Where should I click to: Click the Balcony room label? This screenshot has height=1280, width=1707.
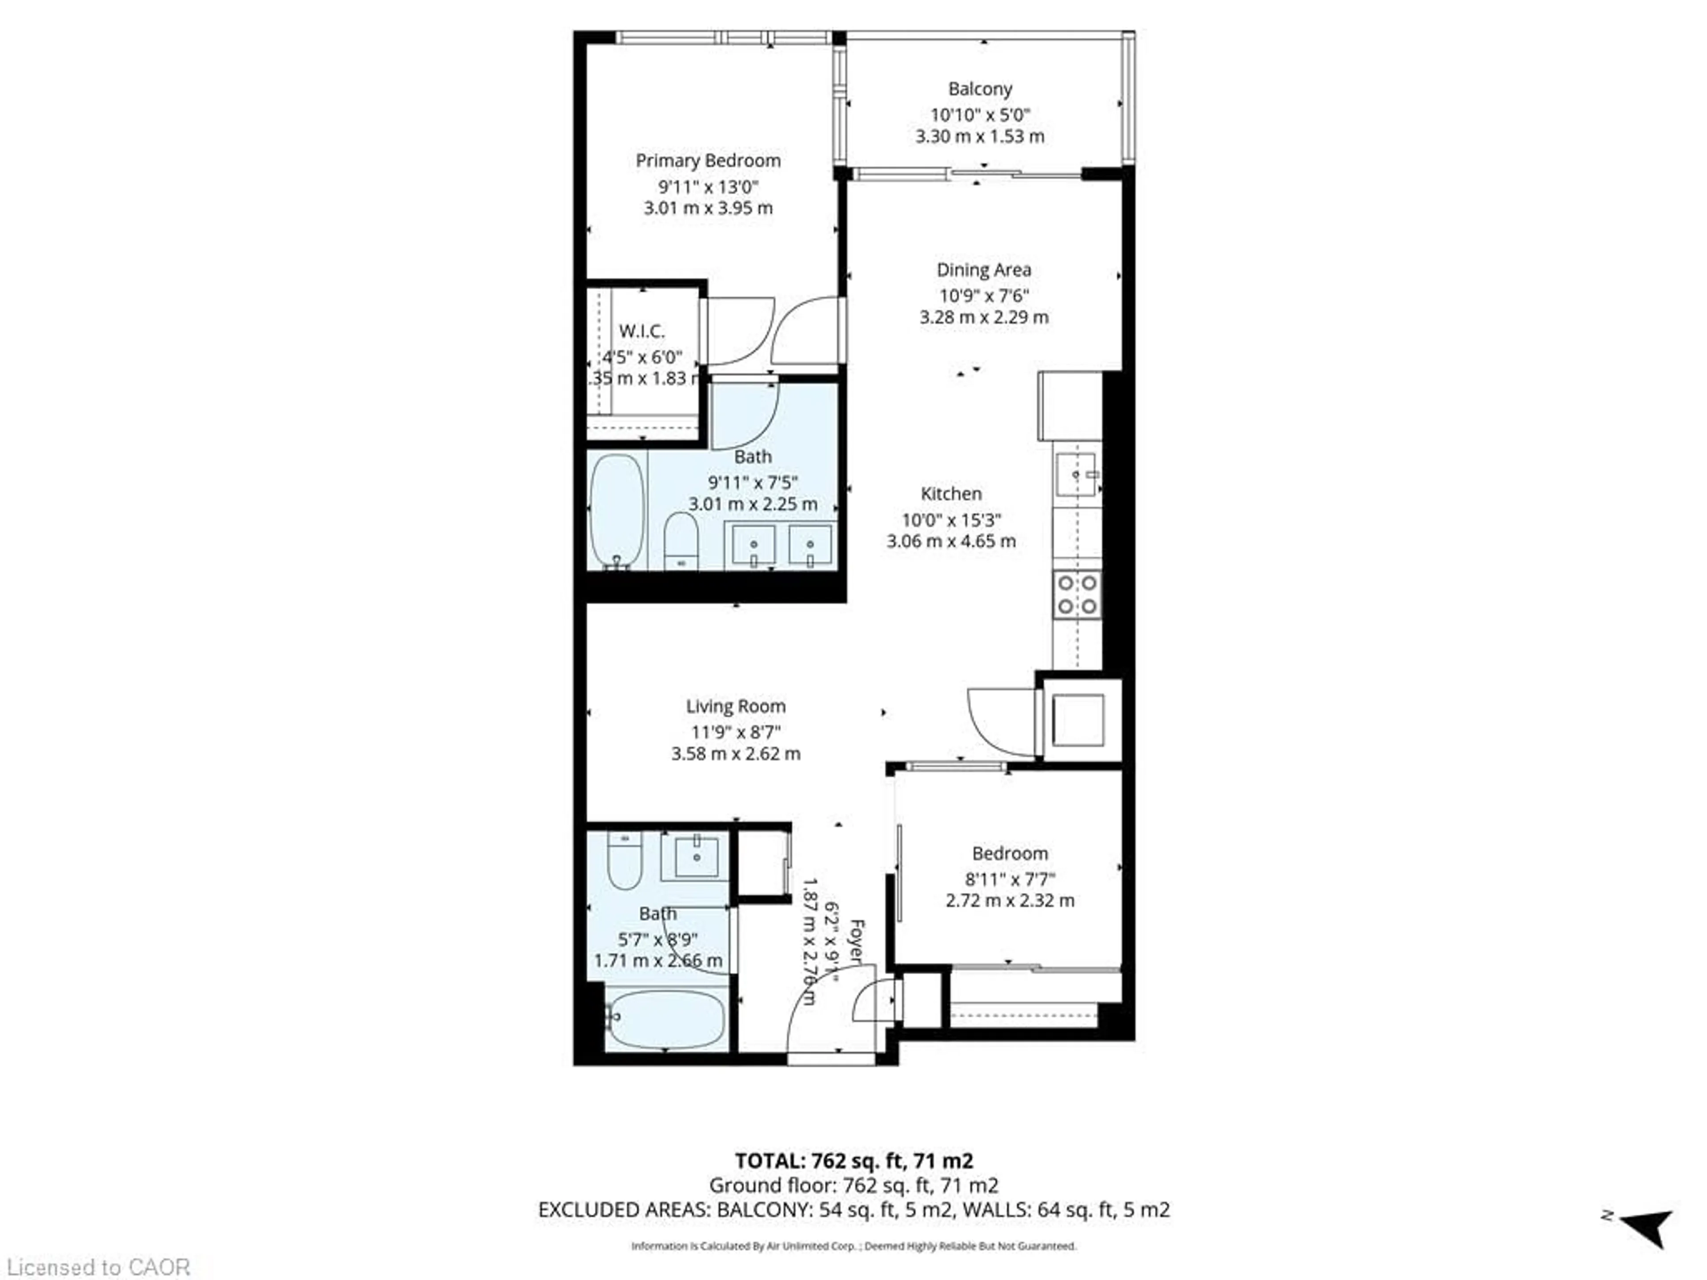pyautogui.click(x=980, y=89)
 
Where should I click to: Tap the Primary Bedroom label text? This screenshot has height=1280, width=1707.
pyautogui.click(x=708, y=160)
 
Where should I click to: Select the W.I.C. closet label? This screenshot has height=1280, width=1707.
pyautogui.click(x=641, y=332)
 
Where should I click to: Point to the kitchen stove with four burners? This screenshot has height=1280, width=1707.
pyautogui.click(x=1077, y=594)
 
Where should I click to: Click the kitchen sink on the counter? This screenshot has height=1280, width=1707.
pyautogui.click(x=1077, y=476)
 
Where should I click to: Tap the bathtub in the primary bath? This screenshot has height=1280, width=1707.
pyautogui.click(x=617, y=511)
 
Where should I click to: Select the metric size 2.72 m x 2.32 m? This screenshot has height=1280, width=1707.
pyautogui.click(x=1010, y=900)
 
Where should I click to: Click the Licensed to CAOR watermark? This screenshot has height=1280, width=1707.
pyautogui.click(x=98, y=1268)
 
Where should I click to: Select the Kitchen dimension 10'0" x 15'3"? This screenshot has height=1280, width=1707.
pyautogui.click(x=951, y=520)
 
